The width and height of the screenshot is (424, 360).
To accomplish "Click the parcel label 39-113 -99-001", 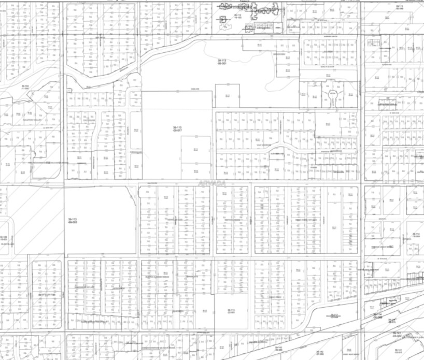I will tap(222, 62).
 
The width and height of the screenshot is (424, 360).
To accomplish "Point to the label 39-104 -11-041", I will tap(24, 87).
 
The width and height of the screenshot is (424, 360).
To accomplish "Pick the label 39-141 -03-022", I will tap(398, 335).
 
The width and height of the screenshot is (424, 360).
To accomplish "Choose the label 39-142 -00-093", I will tap(278, 349).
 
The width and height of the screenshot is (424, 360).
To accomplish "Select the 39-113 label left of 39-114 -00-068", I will tap(335, 315).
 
